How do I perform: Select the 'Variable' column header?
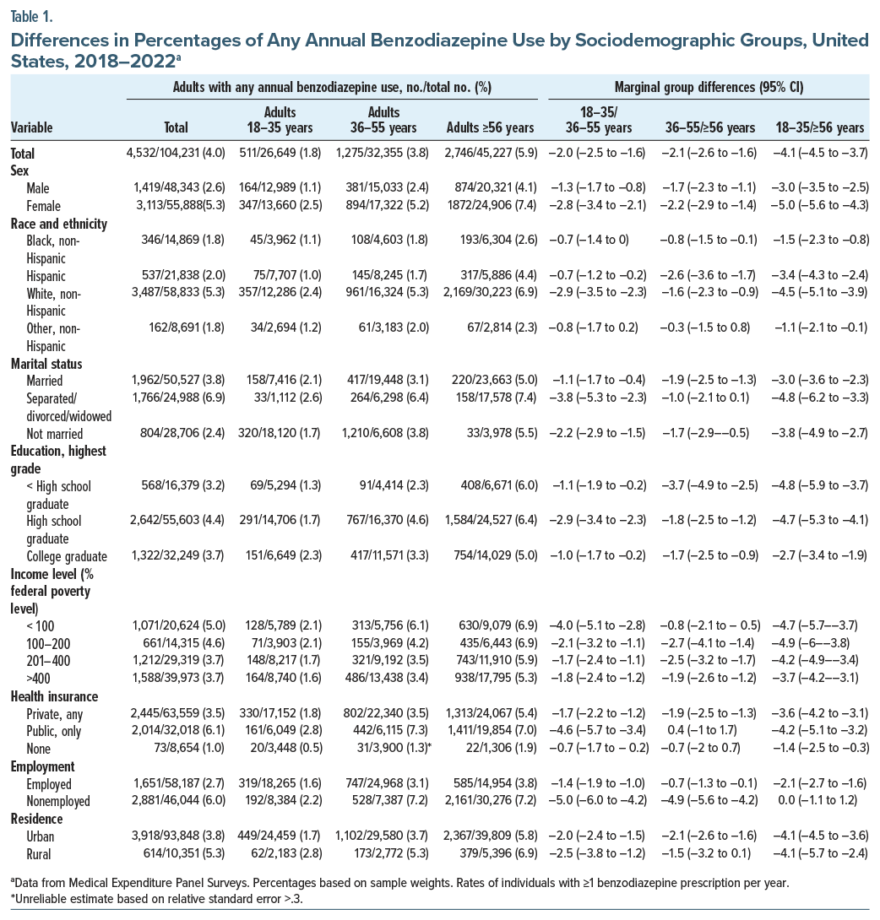pos(31,127)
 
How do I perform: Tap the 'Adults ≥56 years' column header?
pos(490,127)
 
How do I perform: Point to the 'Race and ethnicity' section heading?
pos(58,224)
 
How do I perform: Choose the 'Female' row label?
pos(44,205)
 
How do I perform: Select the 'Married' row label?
pos(46,382)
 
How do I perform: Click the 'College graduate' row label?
pos(67,556)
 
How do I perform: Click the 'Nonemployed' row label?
pos(60,802)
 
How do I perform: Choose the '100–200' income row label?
pos(49,643)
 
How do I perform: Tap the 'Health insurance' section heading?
pos(54,696)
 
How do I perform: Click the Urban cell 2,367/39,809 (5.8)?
pos(491,836)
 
